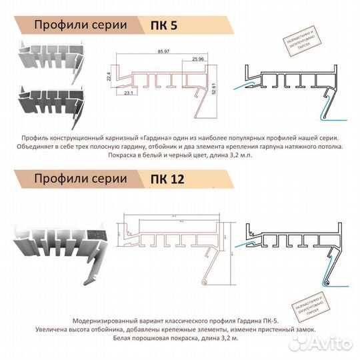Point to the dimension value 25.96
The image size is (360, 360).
click(x=198, y=61)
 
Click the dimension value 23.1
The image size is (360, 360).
click(x=127, y=94)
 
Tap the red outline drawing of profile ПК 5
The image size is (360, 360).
click(x=160, y=83)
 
